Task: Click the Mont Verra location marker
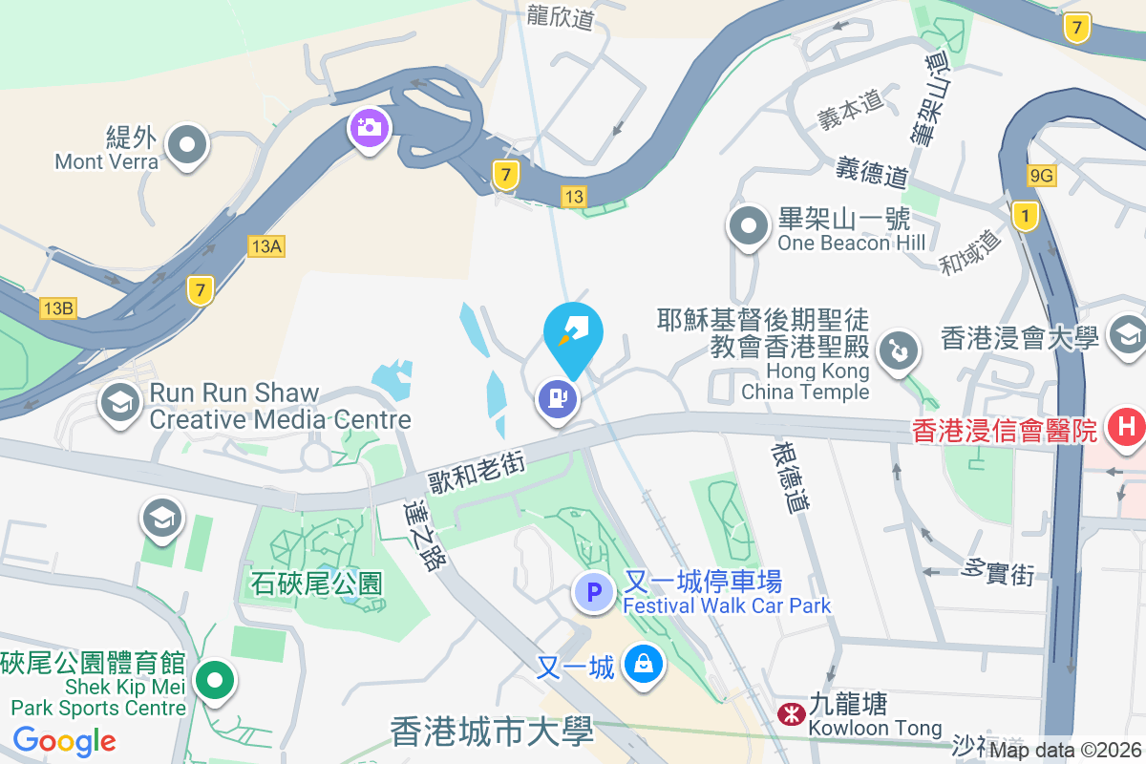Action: (x=187, y=146)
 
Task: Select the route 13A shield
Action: (x=265, y=246)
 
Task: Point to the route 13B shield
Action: (x=57, y=308)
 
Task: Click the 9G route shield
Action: (x=1042, y=175)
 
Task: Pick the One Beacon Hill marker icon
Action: (x=749, y=227)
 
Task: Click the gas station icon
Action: (x=558, y=397)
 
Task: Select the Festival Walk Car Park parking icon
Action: (x=594, y=593)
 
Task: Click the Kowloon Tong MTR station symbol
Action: (x=791, y=714)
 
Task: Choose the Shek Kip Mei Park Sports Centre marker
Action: (x=215, y=681)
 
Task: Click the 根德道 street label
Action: (x=792, y=477)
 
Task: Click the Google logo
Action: (x=64, y=741)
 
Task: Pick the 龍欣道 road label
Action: (x=560, y=15)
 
